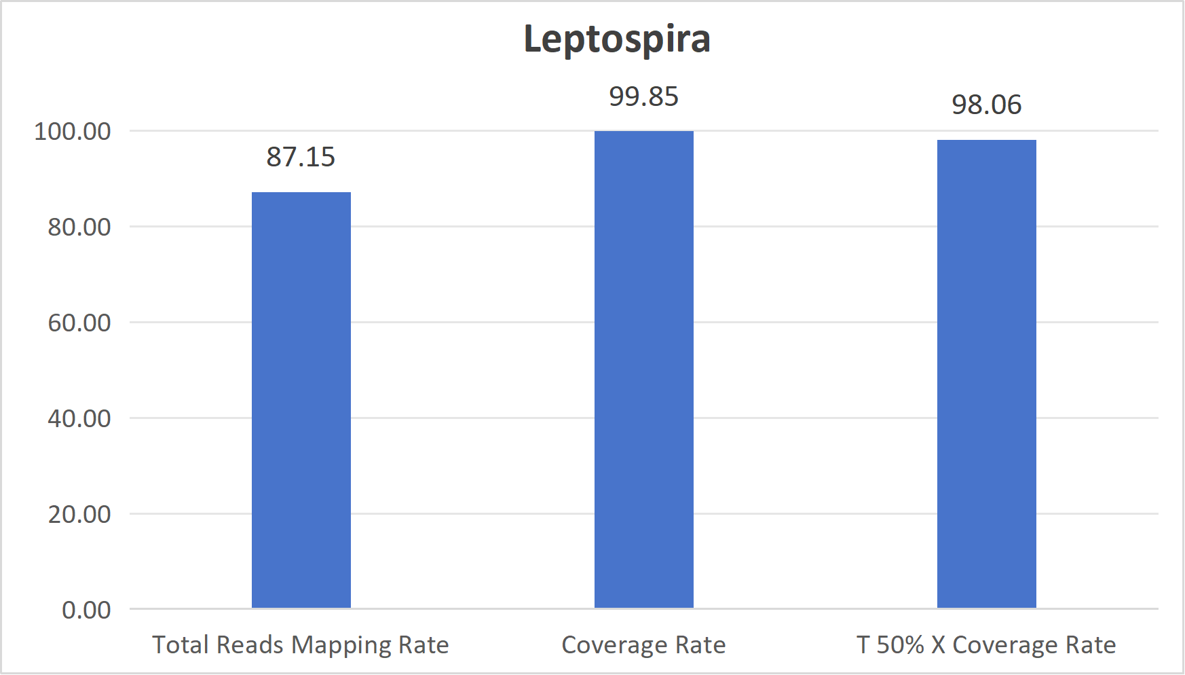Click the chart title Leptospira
click(x=617, y=39)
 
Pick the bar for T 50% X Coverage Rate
click(x=986, y=373)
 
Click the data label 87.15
click(x=301, y=157)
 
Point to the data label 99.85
click(x=643, y=96)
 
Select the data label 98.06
click(x=986, y=105)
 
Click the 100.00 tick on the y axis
click(x=73, y=131)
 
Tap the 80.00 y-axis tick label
click(x=79, y=227)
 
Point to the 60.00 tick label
click(x=79, y=323)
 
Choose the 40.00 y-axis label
click(x=79, y=418)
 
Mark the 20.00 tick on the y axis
click(x=79, y=514)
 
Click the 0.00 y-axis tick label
click(x=86, y=610)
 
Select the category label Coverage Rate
click(x=643, y=644)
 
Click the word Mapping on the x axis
click(x=341, y=645)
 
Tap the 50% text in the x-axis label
click(x=900, y=644)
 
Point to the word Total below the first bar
click(x=180, y=644)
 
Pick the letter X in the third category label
click(x=938, y=644)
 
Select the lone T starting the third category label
click(x=863, y=644)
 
